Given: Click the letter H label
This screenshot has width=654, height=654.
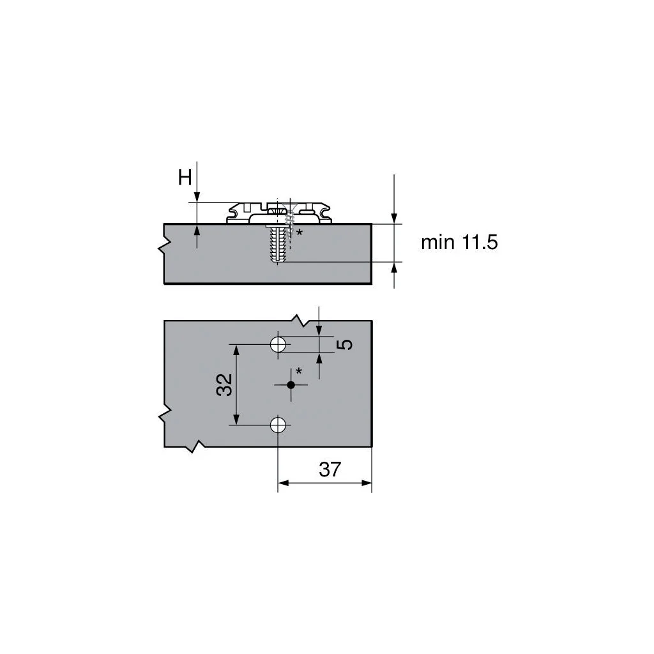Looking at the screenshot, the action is coord(185,178).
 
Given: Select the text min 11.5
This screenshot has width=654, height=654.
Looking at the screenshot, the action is coord(459,242).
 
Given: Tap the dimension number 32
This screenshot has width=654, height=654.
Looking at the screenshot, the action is coord(224,384).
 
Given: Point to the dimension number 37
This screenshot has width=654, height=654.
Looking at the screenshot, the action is coord(330,469).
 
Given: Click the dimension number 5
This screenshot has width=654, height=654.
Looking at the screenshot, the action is coord(344,344).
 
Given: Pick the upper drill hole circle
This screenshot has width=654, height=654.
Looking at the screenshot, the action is coord(278,344).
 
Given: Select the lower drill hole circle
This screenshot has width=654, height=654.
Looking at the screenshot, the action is coord(278,425).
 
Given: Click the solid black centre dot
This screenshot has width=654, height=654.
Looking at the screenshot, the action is coord(291,384).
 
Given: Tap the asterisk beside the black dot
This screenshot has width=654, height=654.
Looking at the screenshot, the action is coord(298,370).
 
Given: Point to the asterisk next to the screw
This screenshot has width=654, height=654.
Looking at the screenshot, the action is coord(299,232).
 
